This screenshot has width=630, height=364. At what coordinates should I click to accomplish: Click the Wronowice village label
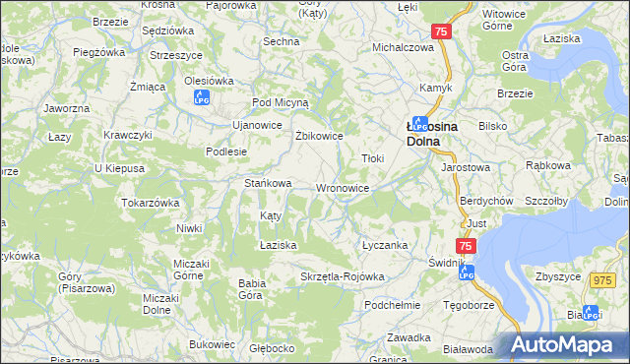pos(342,188)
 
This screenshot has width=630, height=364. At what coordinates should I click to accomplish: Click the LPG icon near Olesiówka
pos(202,97)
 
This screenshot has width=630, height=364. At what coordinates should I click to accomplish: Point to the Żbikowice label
pos(319,136)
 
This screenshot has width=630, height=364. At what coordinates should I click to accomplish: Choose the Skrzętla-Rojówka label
pos(342,276)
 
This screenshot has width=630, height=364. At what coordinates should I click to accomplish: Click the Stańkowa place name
pos(268,183)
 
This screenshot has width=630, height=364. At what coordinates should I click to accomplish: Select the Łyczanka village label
pos(384,245)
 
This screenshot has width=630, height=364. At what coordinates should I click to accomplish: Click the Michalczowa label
pos(403,47)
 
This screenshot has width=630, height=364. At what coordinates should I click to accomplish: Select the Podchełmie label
pos(392,305)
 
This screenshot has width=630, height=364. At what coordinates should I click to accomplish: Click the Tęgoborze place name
pos(468,305)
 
